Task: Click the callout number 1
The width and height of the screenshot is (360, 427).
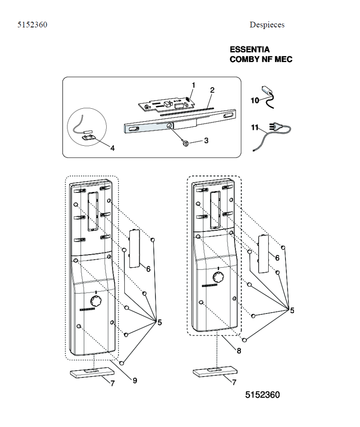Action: (x=193, y=85)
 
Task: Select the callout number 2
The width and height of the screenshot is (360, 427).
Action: (x=212, y=91)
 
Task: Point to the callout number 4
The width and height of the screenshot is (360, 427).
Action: (x=112, y=148)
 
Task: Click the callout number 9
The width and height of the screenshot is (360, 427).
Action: (x=135, y=380)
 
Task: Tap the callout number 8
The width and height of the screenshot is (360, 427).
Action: (x=239, y=350)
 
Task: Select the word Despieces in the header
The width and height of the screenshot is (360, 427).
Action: (x=267, y=25)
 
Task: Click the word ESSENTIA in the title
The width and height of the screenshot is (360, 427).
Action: (x=250, y=50)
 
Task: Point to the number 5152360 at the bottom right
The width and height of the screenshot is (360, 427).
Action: (x=263, y=394)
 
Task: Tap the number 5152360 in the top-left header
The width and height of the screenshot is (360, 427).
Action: (x=32, y=25)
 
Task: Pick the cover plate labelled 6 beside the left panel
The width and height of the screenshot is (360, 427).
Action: (x=134, y=248)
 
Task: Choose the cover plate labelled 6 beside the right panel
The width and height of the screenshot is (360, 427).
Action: (x=263, y=254)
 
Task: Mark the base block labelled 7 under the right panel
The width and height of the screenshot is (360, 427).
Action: (x=215, y=371)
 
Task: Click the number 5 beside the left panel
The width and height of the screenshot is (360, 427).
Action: (x=159, y=322)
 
